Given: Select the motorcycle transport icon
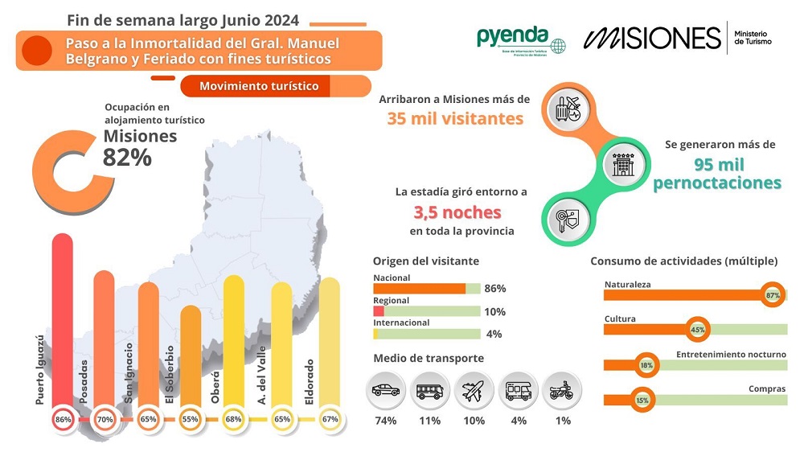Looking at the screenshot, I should click(x=560, y=392).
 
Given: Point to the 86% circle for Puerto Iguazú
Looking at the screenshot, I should click(x=63, y=419).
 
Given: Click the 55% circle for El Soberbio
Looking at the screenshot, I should click(x=191, y=419).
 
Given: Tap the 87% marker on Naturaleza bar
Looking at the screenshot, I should click(x=773, y=295).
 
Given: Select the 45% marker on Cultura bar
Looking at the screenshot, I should click(x=697, y=329).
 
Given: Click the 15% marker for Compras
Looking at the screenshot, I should click(x=642, y=400).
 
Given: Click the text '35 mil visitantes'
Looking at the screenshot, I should click(x=455, y=119).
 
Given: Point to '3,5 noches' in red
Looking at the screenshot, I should click(x=457, y=212).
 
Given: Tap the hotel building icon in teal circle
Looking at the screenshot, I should click(x=625, y=165).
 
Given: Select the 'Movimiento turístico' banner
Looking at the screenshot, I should click(x=259, y=86).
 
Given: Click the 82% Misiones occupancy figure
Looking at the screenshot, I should click(x=127, y=158).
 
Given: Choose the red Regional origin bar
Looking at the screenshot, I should click(x=379, y=311).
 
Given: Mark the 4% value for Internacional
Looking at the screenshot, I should click(x=494, y=334).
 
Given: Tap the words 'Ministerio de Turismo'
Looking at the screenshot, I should click(x=753, y=37).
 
